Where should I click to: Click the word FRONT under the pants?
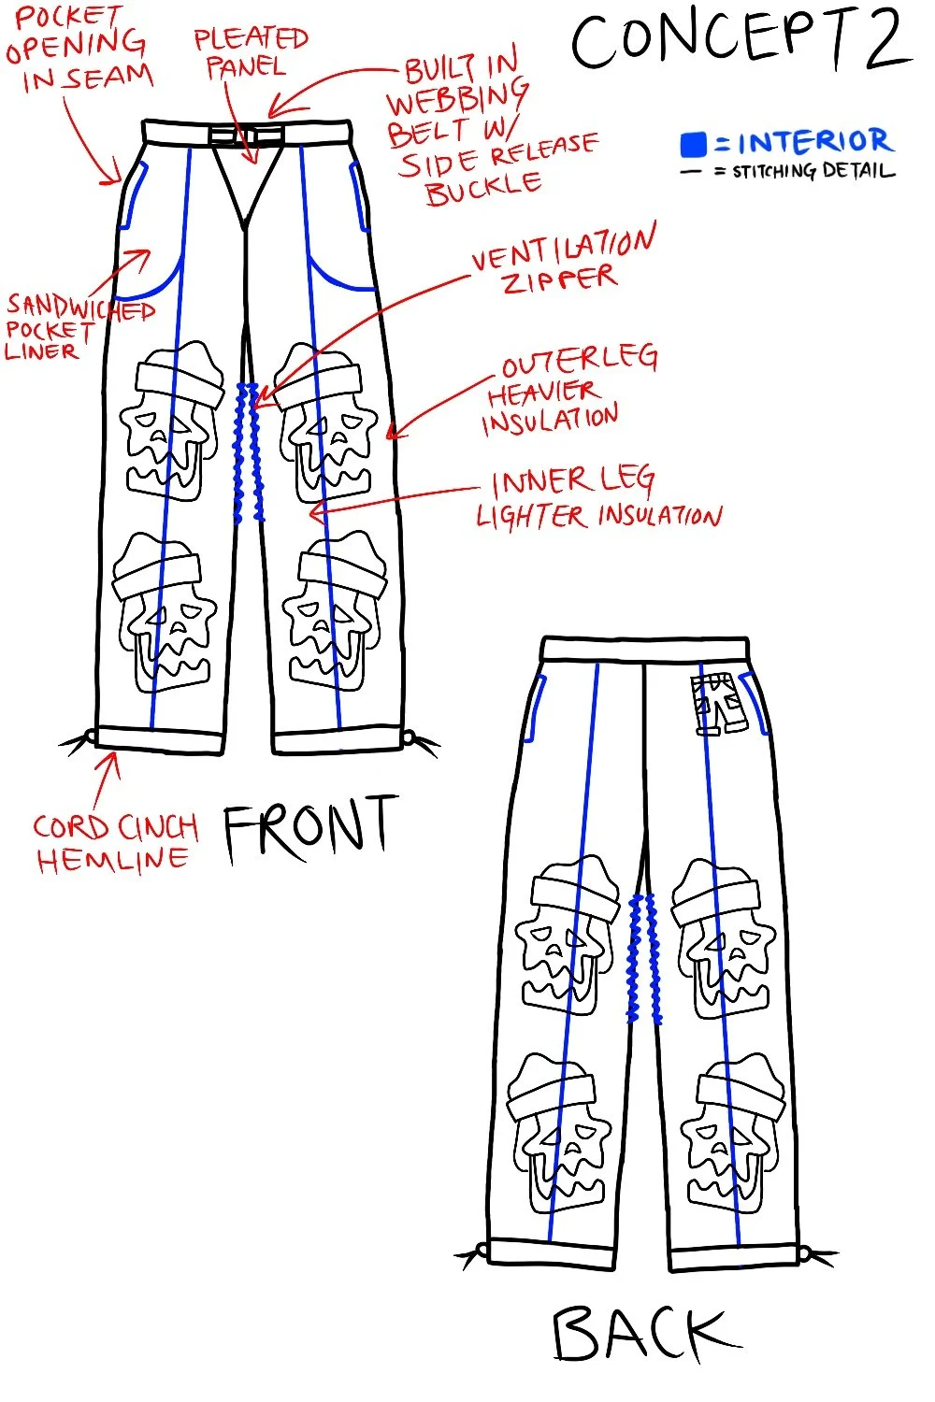(x=309, y=827)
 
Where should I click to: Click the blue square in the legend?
(x=693, y=144)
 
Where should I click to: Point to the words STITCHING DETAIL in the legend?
(x=813, y=171)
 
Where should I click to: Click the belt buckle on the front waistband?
(x=246, y=136)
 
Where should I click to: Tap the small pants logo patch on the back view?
(x=717, y=705)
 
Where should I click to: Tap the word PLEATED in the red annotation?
(x=251, y=38)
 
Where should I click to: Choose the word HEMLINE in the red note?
(x=112, y=860)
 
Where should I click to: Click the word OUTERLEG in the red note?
(x=580, y=361)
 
